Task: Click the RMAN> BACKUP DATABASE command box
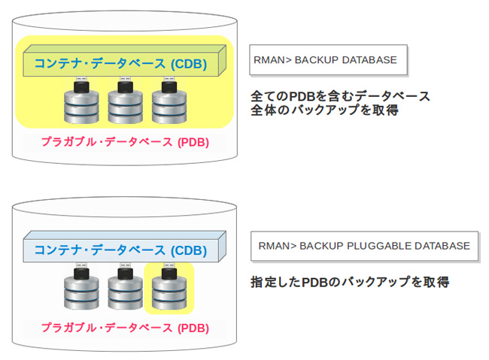coord(327,60)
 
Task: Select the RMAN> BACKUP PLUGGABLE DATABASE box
coord(364,246)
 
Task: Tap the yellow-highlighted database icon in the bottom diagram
coord(169,290)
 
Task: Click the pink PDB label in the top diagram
coord(124,141)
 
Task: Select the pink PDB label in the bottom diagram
coord(124,328)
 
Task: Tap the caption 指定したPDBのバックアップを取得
coord(350,283)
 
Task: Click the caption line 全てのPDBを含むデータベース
coord(340,96)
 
